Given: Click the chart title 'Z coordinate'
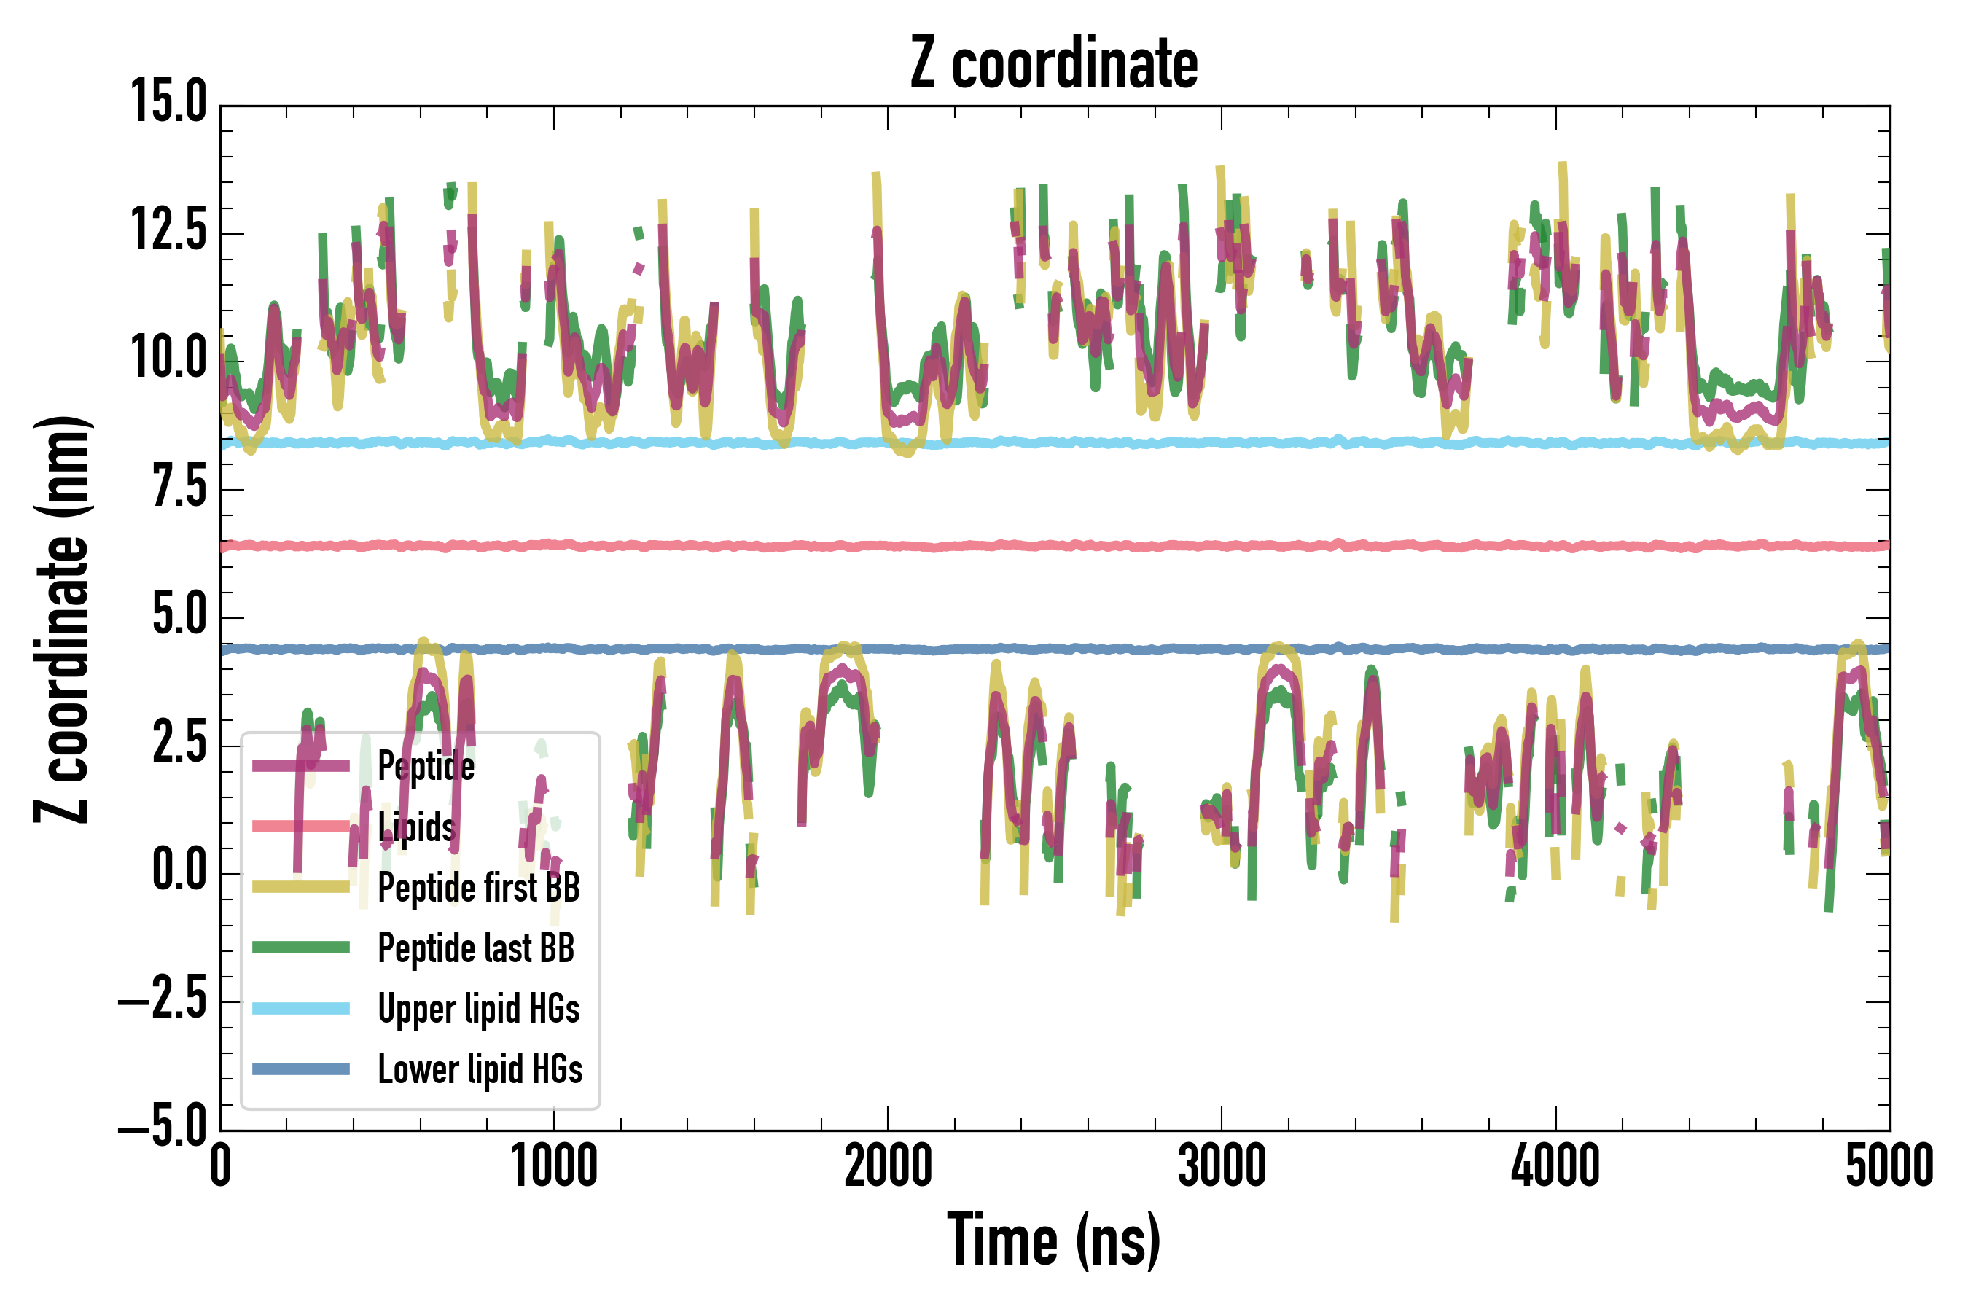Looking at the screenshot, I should click(1053, 63).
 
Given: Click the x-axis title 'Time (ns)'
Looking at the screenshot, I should click(1053, 1240).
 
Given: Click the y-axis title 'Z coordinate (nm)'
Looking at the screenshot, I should click(62, 619).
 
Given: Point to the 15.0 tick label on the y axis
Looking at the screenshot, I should click(168, 103).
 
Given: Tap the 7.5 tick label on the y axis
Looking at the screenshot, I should click(179, 487).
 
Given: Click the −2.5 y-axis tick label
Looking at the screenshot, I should click(163, 999).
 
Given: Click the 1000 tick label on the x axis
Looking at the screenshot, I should click(554, 1165).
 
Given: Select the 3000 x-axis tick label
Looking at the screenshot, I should click(1221, 1165).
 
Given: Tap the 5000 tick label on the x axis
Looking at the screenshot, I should click(1889, 1165).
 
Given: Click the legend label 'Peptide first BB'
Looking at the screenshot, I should click(479, 888).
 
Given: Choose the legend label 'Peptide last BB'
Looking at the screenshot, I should click(476, 948).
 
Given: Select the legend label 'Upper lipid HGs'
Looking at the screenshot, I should click(479, 1008).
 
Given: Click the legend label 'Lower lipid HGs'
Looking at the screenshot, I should click(480, 1069).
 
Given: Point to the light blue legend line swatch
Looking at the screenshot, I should click(301, 1008).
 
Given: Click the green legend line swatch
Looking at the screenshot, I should click(301, 947).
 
